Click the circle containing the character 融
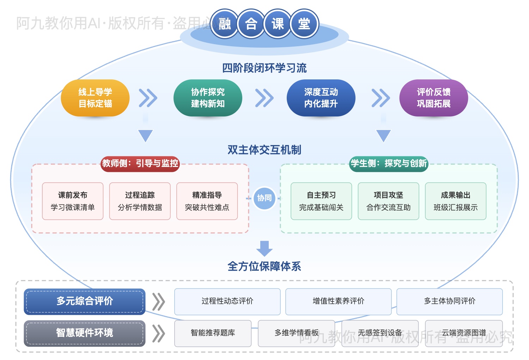[225, 24]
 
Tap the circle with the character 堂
[304, 24]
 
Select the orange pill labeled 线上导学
[95, 98]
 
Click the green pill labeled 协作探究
[208, 98]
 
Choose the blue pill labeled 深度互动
[321, 98]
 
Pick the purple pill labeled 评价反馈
[433, 98]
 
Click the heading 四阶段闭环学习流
[264, 68]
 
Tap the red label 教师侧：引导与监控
[140, 163]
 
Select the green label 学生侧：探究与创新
[389, 163]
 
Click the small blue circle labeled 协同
[264, 198]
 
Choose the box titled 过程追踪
[140, 201]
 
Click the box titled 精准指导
[207, 201]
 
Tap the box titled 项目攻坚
[388, 201]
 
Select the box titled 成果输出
[455, 201]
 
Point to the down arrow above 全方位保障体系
[264, 248]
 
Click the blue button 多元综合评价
[85, 301]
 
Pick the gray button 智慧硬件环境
[85, 333]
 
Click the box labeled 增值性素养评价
[338, 301]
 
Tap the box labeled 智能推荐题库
[213, 333]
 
